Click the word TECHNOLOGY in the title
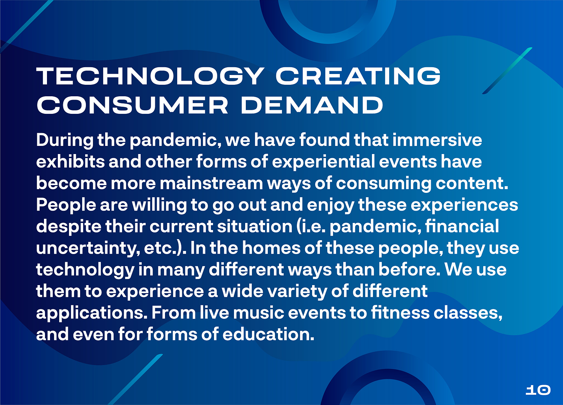click(150, 76)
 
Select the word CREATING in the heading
click(358, 76)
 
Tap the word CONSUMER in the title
click(132, 105)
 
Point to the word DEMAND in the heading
click(312, 105)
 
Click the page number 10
click(538, 390)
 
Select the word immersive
click(437, 140)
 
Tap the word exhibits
click(71, 161)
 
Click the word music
click(259, 313)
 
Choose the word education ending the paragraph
click(268, 334)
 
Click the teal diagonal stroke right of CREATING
click(507, 71)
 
